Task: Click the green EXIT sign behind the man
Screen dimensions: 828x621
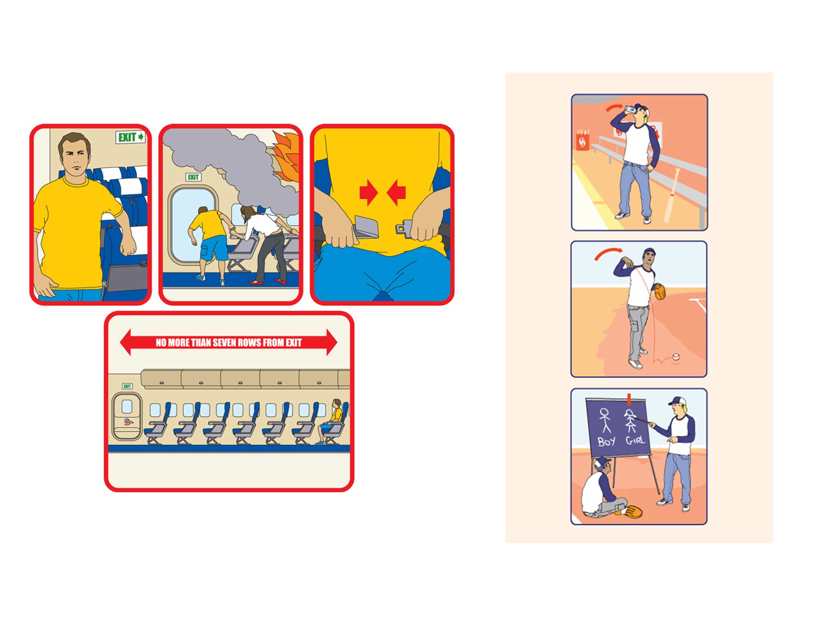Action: [130, 137]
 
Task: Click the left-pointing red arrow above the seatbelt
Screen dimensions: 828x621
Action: [396, 192]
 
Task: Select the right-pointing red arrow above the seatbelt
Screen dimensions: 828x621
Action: [368, 192]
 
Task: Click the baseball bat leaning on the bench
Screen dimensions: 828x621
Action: [671, 195]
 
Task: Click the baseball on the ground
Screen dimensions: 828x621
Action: [676, 356]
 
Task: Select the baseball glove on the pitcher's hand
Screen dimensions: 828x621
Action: [660, 291]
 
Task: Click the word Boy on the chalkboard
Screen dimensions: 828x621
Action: [607, 441]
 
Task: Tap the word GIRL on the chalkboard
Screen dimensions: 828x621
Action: [635, 440]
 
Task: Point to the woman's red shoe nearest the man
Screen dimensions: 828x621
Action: [254, 283]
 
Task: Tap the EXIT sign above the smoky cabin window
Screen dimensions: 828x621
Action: [193, 177]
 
